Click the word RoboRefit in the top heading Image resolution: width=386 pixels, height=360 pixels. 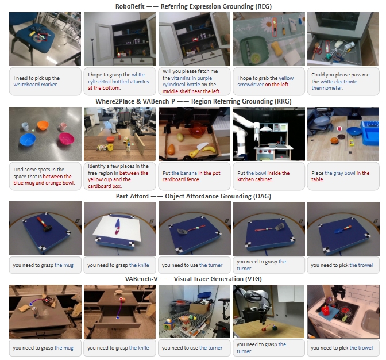(x=130, y=6)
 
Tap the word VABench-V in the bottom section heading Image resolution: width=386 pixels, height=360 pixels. (x=141, y=279)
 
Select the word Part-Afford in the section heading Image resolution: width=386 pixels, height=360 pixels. (x=132, y=196)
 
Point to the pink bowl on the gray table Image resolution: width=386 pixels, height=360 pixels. (x=66, y=138)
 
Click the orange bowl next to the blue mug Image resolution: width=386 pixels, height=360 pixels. (x=43, y=125)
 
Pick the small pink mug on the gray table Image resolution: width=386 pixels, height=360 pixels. (x=63, y=127)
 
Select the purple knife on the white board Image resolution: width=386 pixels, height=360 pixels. (x=117, y=227)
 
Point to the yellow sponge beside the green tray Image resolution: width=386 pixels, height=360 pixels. (x=276, y=47)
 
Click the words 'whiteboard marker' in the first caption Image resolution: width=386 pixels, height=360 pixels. (x=36, y=85)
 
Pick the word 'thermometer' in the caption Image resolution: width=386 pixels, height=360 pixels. (x=327, y=88)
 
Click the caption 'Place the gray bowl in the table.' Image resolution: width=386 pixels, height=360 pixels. (x=341, y=176)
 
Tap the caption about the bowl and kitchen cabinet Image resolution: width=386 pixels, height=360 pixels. (x=264, y=176)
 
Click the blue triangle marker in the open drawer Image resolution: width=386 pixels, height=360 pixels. (x=118, y=318)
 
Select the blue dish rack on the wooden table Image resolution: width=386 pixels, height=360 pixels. (x=370, y=133)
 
